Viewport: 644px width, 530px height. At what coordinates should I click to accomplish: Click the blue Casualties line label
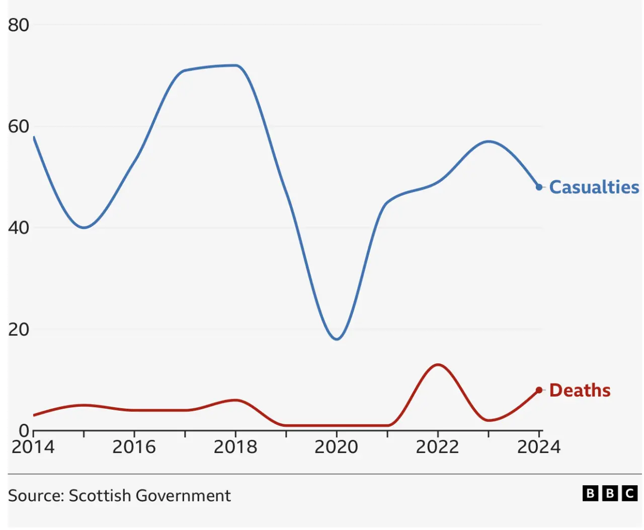pos(594,187)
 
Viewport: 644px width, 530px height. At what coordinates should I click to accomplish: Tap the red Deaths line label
pos(580,391)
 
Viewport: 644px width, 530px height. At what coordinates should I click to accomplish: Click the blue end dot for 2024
pos(539,187)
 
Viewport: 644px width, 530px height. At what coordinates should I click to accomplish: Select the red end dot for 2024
pos(539,390)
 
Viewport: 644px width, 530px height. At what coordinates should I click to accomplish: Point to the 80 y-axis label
pos(19,25)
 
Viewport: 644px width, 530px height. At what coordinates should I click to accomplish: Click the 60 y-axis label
pos(19,126)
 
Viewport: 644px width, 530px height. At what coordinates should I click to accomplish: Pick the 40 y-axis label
pos(19,228)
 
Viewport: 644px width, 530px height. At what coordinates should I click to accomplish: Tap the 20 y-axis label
pos(19,330)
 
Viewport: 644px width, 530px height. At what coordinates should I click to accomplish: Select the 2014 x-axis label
pos(33,447)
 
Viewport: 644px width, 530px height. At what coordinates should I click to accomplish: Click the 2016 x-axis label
pos(134,447)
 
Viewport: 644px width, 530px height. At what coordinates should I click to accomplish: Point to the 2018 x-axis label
pos(235,447)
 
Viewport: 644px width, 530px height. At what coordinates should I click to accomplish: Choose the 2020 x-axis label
pos(336,447)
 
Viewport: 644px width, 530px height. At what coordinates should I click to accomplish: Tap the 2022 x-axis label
pos(437,447)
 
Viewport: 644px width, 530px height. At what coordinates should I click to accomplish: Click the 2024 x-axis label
pos(538,447)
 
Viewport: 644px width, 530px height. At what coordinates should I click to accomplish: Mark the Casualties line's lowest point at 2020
pos(337,339)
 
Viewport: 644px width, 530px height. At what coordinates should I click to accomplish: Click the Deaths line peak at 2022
pos(438,364)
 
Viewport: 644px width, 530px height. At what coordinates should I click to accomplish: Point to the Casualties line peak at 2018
pos(235,65)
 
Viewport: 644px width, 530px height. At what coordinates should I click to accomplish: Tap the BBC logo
pos(610,493)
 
